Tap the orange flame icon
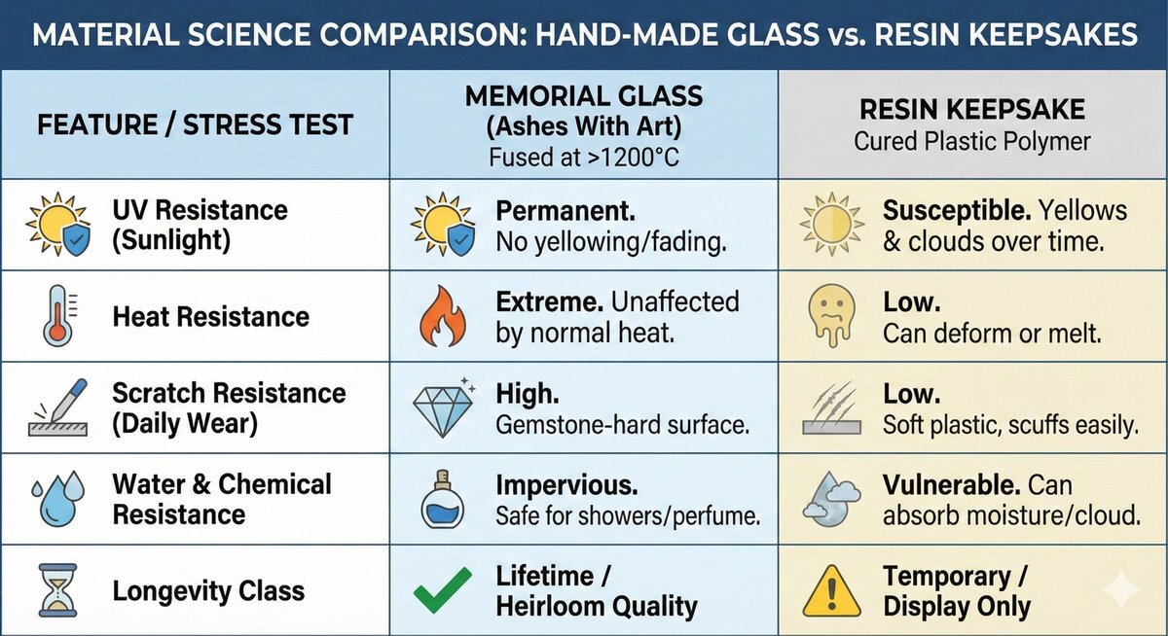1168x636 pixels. (442, 316)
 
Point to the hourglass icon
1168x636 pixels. (56, 591)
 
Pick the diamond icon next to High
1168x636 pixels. (444, 409)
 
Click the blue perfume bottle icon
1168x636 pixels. (442, 500)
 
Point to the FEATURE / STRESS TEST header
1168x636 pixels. (195, 124)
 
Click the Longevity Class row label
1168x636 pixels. (208, 591)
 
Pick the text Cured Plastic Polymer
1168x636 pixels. (972, 141)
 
